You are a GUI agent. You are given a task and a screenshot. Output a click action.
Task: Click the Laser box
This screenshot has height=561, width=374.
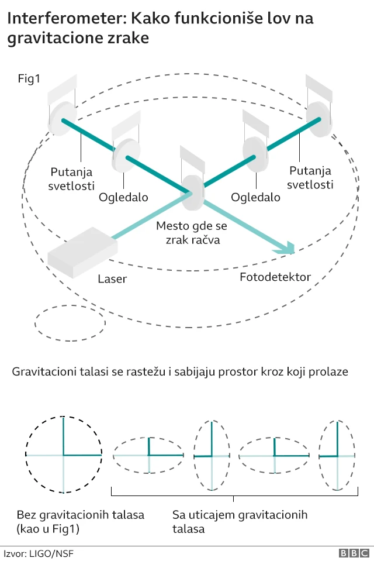click(82, 252)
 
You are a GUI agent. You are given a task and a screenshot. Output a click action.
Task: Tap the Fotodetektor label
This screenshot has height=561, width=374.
click(275, 277)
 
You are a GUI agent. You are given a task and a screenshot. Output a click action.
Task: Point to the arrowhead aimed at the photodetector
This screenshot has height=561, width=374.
click(287, 249)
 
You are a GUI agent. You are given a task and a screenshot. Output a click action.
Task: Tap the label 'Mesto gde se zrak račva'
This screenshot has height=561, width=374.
click(192, 232)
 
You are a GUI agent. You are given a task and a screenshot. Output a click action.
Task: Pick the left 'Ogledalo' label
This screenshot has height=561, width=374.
click(123, 197)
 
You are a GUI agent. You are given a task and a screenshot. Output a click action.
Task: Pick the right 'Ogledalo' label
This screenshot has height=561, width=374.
click(255, 197)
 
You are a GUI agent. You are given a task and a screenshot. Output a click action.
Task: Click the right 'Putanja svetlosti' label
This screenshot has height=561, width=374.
click(311, 177)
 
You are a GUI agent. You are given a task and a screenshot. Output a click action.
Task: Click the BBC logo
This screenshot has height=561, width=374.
click(354, 553)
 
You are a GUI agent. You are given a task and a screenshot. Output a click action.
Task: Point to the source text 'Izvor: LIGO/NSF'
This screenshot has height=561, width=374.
click(39, 553)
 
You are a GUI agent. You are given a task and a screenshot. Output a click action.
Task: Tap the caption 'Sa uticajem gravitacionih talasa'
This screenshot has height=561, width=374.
click(240, 522)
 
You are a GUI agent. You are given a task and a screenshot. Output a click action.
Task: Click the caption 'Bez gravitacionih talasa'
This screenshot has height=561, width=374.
click(81, 522)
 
